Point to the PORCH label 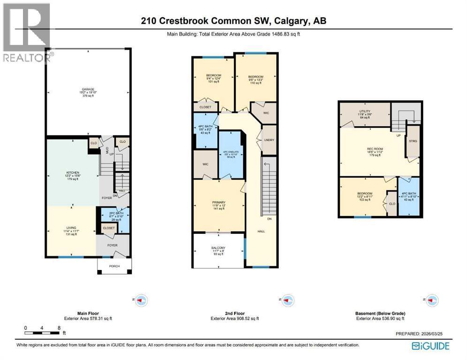point(115,266)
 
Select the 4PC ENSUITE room point(231,155)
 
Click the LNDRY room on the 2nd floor point(269,139)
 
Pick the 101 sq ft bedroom point(213,79)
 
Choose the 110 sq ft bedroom point(256,80)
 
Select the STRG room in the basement point(413,141)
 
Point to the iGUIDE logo point(430,346)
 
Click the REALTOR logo point(26,33)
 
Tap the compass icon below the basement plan point(431,299)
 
